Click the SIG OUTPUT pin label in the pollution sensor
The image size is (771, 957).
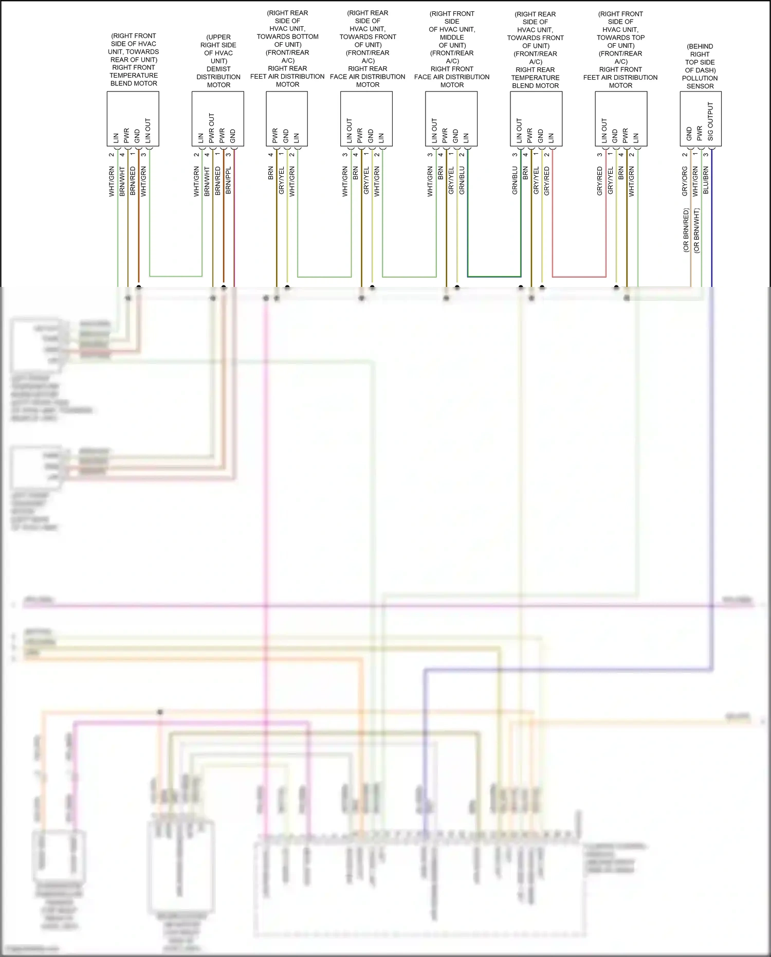tap(710, 121)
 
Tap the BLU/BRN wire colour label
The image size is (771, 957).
tap(706, 180)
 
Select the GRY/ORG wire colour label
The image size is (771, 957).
tap(685, 181)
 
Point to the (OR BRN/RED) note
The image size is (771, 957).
tap(686, 230)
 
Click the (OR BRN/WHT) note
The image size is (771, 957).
tap(696, 230)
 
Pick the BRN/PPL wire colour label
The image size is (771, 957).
tap(228, 180)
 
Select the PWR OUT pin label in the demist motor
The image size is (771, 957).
tap(211, 128)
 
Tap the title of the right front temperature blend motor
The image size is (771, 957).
tap(134, 60)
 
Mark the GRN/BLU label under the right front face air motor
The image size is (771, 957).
tap(462, 180)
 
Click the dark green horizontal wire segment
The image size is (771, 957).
tap(494, 277)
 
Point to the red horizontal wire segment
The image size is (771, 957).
tap(579, 277)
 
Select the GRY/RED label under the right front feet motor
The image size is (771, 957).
tap(599, 180)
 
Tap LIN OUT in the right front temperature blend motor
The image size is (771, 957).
tap(148, 131)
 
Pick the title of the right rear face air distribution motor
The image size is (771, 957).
tap(368, 49)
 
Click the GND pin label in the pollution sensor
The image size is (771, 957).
tap(689, 134)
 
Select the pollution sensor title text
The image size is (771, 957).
tap(700, 66)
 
